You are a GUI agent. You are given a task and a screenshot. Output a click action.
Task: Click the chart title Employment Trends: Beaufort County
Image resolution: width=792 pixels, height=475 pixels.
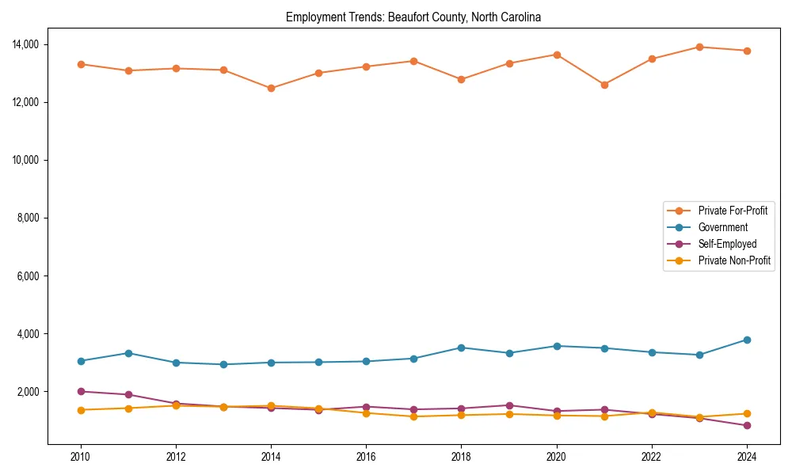coord(413,17)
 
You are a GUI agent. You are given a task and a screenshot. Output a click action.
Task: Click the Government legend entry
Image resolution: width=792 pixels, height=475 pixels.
coord(722,227)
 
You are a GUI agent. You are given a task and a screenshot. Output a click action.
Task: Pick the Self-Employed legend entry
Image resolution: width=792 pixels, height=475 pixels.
coord(727,244)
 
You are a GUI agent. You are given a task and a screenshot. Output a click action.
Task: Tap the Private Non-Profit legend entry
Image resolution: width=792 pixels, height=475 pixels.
coord(734,260)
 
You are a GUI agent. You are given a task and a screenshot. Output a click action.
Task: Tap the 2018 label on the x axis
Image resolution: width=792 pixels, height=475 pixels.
coord(461,457)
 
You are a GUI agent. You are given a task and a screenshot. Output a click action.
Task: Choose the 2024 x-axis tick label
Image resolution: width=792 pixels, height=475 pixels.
coord(746,457)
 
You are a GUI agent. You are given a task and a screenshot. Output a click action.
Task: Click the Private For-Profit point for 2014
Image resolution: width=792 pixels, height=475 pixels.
coord(271,88)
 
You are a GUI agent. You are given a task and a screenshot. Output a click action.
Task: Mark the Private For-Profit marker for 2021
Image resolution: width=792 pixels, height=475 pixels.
coord(604,85)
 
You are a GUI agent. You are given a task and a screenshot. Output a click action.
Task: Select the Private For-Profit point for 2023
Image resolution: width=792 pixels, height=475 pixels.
coord(699,47)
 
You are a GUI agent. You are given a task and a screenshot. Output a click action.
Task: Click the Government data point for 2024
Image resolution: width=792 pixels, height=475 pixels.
coord(747,340)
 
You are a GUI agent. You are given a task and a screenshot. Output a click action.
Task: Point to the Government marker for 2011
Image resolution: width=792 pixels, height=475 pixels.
coord(128,353)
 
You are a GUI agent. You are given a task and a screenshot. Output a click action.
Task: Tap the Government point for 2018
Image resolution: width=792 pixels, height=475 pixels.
coord(461,348)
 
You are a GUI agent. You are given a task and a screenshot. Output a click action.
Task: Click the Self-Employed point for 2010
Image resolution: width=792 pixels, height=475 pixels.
coord(81,391)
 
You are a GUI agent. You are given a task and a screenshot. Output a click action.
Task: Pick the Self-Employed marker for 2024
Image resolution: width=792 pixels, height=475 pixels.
coord(747,426)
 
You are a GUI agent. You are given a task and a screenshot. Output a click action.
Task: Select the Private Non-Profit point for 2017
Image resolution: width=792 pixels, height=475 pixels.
coord(413,416)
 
